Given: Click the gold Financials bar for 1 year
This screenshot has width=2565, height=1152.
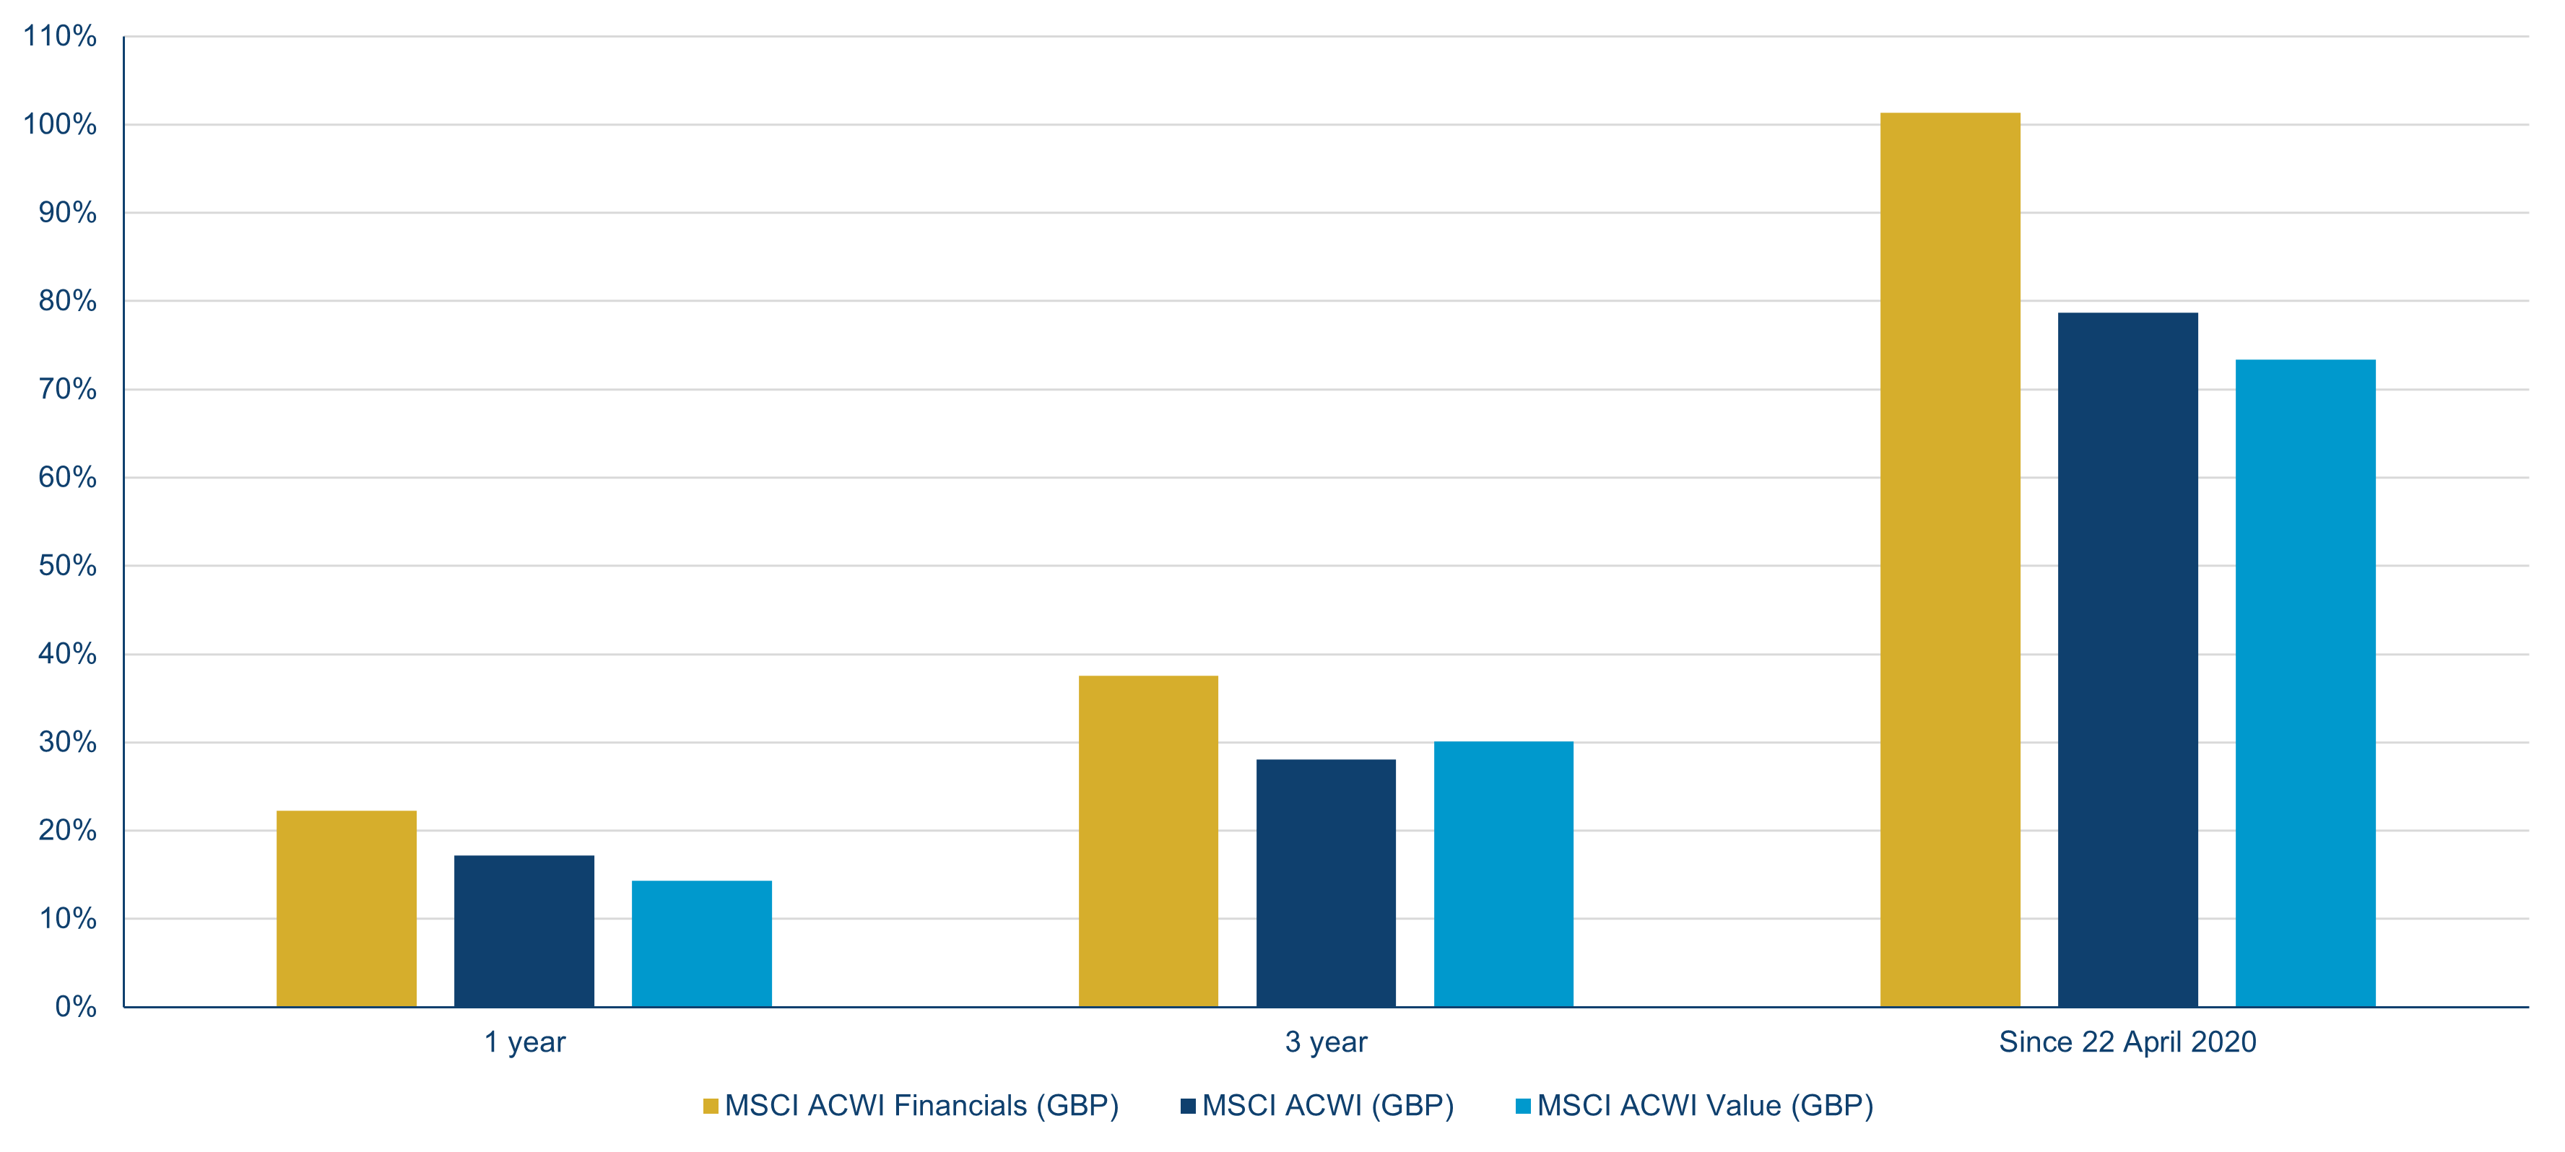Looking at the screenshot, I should [347, 908].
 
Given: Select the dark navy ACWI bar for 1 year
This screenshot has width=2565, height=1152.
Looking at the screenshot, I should [524, 931].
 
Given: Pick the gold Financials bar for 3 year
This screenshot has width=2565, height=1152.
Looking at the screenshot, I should [1148, 842].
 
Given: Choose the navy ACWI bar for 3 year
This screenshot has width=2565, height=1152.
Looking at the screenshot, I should [1325, 883].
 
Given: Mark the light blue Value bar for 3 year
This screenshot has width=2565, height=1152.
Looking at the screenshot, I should [1503, 874].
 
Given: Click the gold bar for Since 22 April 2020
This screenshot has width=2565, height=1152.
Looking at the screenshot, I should [1950, 559].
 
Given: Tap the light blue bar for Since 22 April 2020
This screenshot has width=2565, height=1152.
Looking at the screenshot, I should [2305, 683].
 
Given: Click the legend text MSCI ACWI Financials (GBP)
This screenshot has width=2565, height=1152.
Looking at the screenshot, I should [921, 1105].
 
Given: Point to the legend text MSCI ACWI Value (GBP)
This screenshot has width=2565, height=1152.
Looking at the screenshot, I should [1705, 1105].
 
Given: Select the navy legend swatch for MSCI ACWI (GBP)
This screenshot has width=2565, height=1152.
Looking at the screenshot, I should [1188, 1105].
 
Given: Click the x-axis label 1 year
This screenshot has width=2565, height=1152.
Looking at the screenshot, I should [525, 1042].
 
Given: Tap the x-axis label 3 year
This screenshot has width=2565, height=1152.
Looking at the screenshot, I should [1325, 1042].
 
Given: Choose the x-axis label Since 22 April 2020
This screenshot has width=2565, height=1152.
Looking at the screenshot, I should [2127, 1042].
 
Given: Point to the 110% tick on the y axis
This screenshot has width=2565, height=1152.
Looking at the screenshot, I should [60, 37].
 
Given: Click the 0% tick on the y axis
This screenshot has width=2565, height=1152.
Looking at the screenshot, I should [76, 1007].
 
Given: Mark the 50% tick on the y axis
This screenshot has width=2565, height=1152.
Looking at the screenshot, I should [68, 566].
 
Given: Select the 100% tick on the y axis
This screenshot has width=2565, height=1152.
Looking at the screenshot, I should [60, 124].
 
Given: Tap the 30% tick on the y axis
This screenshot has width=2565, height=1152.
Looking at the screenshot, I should [68, 742].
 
